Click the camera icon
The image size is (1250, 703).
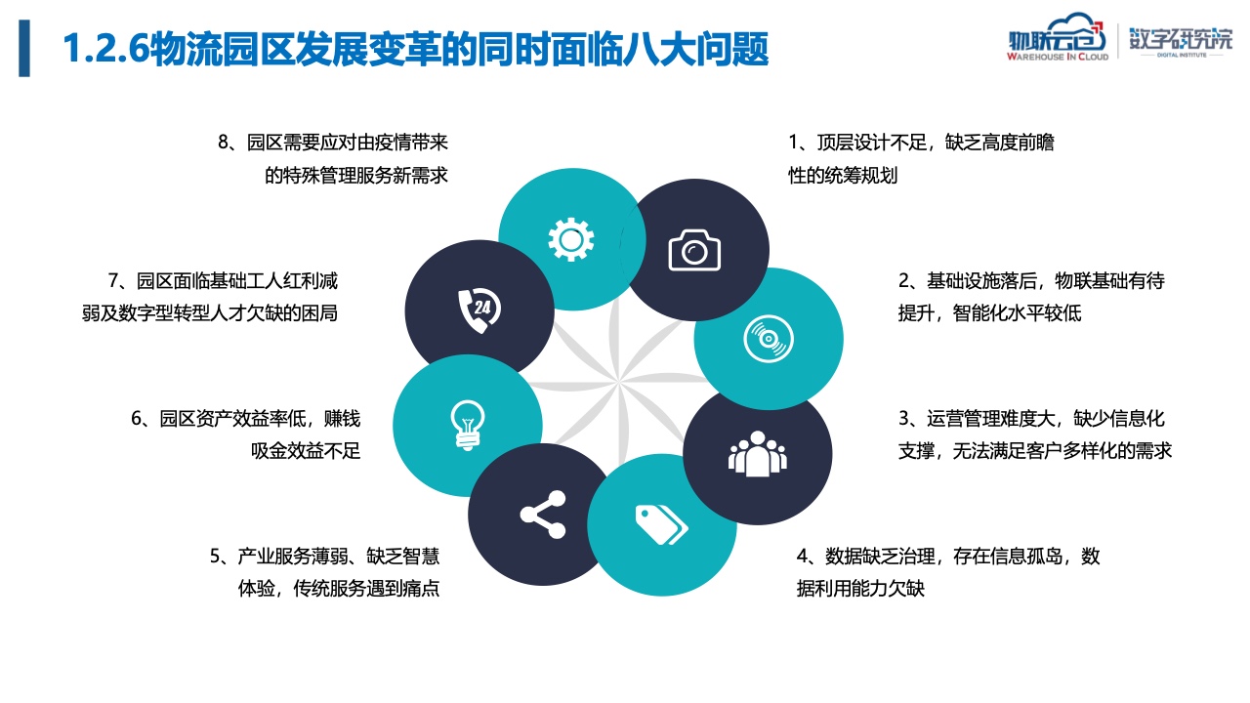[694, 250]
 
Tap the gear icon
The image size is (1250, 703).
[571, 240]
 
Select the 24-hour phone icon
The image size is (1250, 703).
[479, 310]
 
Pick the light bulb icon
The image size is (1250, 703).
[468, 425]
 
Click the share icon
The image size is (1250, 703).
[543, 515]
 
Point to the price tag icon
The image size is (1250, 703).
[661, 524]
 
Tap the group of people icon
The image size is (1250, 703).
[757, 454]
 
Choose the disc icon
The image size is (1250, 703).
[768, 339]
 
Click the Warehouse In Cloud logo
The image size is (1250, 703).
[1057, 37]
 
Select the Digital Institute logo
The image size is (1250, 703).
[1181, 41]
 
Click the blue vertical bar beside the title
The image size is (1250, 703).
[24, 48]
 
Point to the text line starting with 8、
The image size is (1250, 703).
[333, 143]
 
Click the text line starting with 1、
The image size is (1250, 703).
[921, 143]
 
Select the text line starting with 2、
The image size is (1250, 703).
[1031, 280]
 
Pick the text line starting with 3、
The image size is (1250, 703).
[1031, 418]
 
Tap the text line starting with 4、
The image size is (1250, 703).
[948, 556]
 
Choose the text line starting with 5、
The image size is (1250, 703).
[325, 556]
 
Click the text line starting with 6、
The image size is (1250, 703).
[245, 418]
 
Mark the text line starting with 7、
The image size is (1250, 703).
[223, 280]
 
